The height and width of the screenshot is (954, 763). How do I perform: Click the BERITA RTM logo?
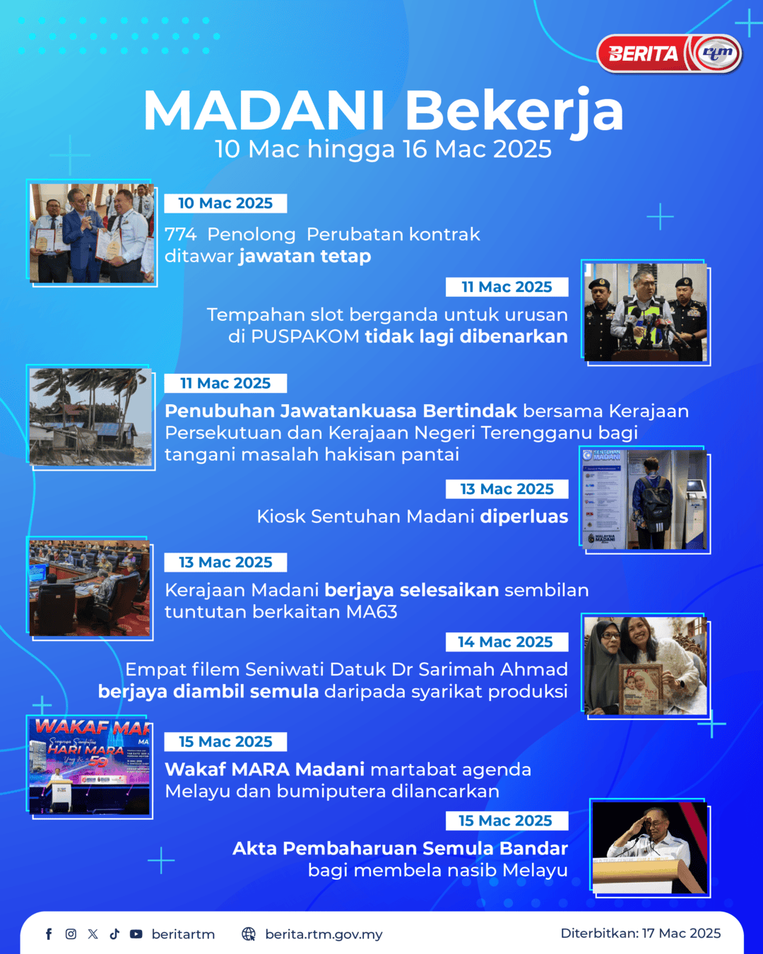670,54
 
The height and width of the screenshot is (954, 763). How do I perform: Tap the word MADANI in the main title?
264,110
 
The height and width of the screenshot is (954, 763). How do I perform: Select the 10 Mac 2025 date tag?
225,203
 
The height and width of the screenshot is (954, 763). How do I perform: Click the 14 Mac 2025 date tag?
507,642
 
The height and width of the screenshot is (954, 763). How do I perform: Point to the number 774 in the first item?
180,234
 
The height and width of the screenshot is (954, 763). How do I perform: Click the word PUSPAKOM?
305,336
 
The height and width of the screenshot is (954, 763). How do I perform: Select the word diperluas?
524,517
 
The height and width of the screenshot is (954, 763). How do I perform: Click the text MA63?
372,612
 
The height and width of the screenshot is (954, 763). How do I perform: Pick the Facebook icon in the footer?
49,934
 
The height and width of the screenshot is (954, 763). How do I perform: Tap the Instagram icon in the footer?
71,934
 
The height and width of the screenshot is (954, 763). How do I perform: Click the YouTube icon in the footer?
136,934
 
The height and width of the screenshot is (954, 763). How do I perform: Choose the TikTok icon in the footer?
114,934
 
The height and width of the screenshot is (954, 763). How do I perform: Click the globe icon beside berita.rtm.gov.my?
249,934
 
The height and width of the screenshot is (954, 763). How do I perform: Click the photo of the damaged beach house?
90,417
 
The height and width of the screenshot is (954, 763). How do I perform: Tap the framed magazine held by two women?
641,688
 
